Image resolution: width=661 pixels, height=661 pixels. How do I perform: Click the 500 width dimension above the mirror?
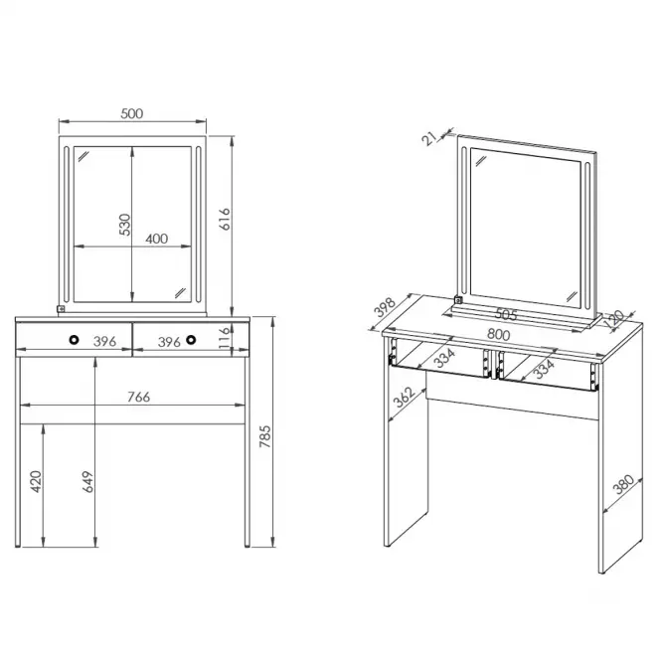coord(131,114)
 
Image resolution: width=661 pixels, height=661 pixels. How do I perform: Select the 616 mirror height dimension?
coord(225,219)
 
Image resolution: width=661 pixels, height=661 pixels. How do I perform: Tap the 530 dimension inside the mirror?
coord(125,225)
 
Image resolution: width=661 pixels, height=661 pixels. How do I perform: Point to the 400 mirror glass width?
coord(157,239)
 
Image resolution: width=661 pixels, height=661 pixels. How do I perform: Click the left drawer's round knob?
coord(75,339)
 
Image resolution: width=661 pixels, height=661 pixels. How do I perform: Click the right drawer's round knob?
coord(191,339)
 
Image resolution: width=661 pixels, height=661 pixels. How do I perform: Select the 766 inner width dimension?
coord(139,397)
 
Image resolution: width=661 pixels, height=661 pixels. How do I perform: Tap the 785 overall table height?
coord(264,436)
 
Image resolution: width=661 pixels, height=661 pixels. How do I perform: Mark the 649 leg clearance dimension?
coord(88,482)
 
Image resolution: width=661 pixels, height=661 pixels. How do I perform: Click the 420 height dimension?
coord(36,481)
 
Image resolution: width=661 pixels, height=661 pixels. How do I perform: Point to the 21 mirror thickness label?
coord(428,138)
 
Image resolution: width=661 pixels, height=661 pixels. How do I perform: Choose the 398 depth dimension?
coord(385,307)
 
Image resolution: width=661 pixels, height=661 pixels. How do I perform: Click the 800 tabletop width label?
coord(499,335)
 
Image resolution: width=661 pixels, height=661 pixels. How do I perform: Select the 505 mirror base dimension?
coord(506,314)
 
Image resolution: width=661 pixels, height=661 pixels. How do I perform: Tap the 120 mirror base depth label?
coord(614,317)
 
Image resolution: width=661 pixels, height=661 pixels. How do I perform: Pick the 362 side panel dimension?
coord(405,398)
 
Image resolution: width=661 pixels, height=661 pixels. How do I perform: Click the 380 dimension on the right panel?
coord(623,484)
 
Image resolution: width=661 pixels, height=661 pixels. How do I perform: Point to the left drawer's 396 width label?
coord(104,342)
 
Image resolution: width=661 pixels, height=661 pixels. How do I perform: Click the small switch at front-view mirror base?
coord(61,309)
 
